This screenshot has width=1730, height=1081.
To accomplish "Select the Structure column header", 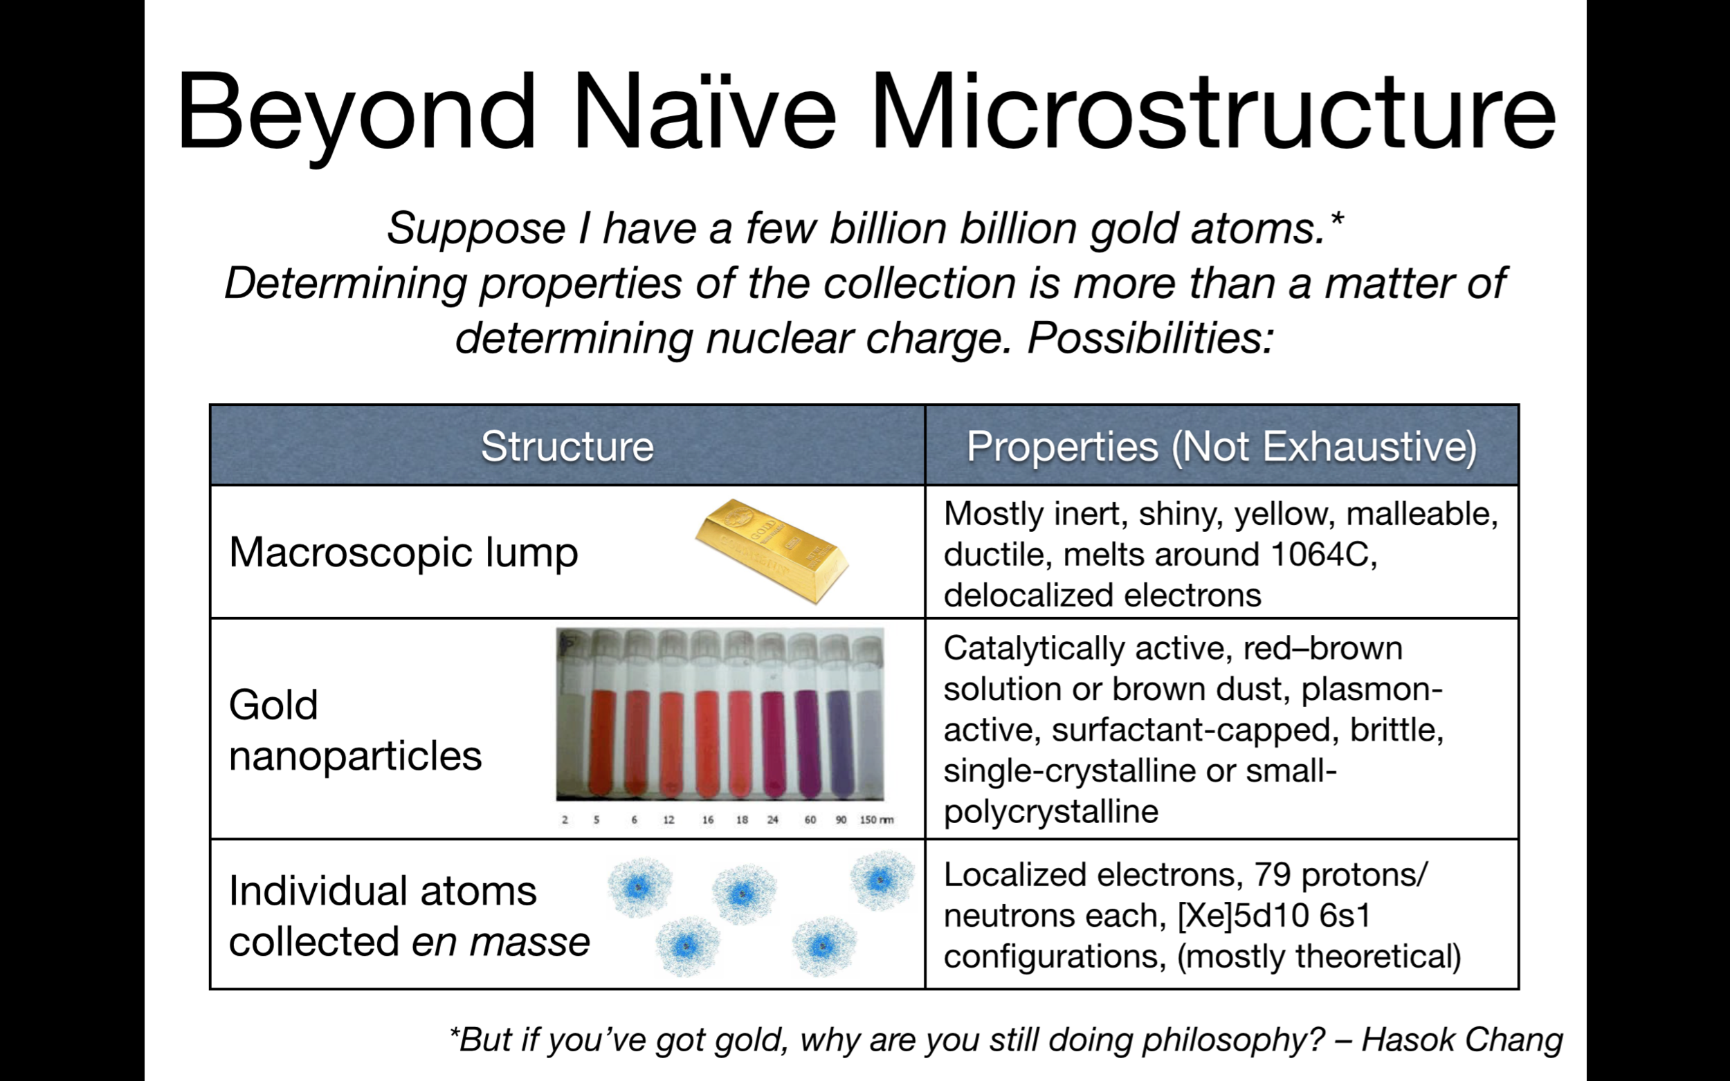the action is [x=567, y=446].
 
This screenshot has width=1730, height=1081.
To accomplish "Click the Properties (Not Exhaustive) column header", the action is [x=1221, y=447].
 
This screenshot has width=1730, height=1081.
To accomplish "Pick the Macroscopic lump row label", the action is [x=403, y=552].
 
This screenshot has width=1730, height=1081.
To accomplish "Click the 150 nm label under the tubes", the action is [x=876, y=820].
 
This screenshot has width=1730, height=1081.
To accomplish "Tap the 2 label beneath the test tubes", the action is [x=565, y=820].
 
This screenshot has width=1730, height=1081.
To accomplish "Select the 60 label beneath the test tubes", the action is [x=810, y=820].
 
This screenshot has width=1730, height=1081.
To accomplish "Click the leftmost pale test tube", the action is [x=573, y=715].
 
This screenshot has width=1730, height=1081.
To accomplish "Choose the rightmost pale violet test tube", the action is [x=868, y=715].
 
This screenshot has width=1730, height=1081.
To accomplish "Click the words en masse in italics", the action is [x=500, y=941].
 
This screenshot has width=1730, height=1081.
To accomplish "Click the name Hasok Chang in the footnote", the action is [x=1462, y=1040].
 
